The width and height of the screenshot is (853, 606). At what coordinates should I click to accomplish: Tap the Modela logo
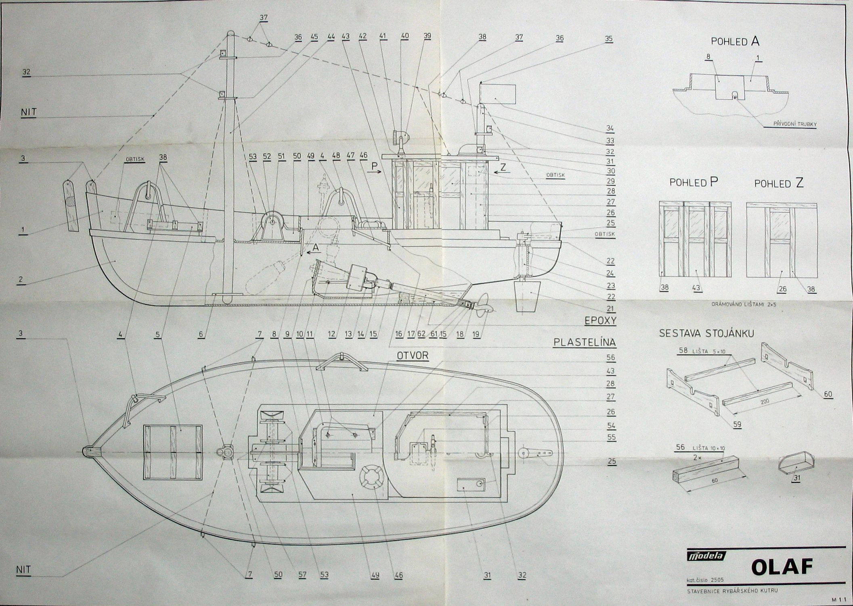click(706, 556)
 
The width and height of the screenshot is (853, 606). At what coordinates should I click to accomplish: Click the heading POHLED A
click(735, 41)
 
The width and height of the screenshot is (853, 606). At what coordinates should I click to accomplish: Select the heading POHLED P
click(694, 182)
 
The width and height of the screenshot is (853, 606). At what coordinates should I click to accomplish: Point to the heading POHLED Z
click(779, 183)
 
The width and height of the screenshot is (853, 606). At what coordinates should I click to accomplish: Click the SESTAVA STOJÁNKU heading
click(706, 333)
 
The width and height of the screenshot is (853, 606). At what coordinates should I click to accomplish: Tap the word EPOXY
click(600, 321)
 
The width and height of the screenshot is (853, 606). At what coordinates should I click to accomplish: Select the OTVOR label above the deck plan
click(412, 355)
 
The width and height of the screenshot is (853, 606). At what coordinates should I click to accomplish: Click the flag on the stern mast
click(501, 94)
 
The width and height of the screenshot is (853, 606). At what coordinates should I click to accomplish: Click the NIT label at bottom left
click(23, 570)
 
